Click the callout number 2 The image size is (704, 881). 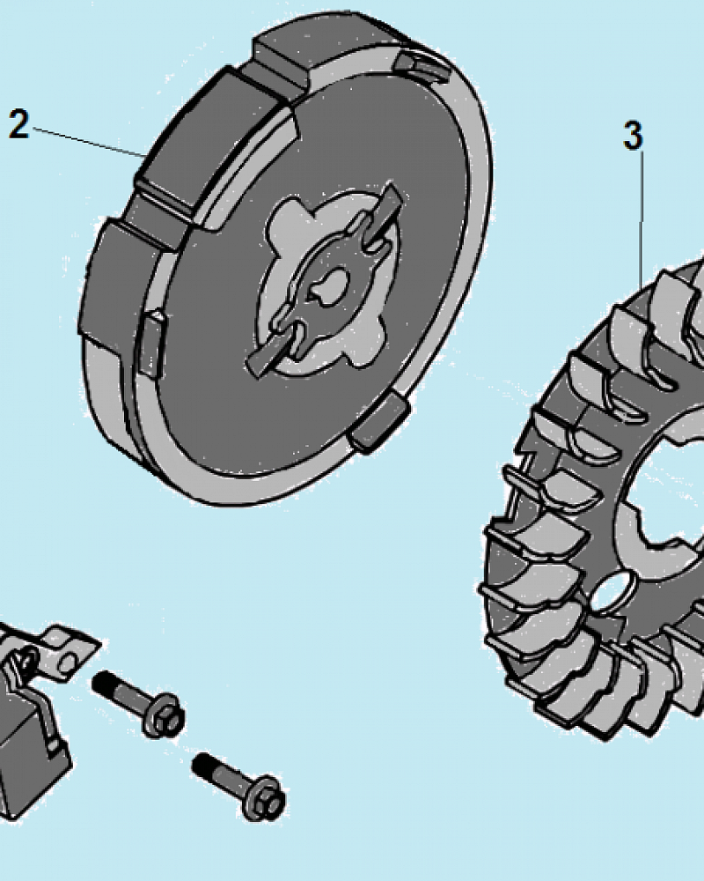tap(19, 124)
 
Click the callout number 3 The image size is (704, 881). tap(634, 136)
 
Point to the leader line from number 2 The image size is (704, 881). tap(90, 141)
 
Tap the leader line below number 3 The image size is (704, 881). tap(642, 219)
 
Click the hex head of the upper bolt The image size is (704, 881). tap(165, 715)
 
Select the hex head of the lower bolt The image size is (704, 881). tap(265, 798)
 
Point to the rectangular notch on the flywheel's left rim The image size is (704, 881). tap(151, 343)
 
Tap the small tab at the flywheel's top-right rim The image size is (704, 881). tap(421, 69)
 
